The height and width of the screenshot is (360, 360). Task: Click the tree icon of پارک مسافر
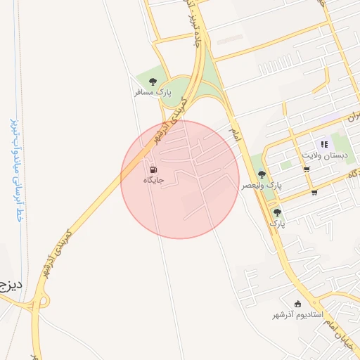coord(153,81)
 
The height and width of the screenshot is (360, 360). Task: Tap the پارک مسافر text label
coord(153,92)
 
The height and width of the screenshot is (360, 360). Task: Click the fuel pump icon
coord(153,169)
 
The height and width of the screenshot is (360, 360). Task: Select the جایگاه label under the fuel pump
coord(153,181)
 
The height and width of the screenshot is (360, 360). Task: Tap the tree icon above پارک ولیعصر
coord(262,174)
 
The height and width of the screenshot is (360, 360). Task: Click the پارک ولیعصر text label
coord(262,185)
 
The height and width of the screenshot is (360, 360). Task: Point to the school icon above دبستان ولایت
coord(324,143)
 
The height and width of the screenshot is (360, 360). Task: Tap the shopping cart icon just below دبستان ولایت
coord(307,169)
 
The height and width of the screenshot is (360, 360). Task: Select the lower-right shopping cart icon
coord(314,192)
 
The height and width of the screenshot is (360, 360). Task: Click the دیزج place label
coord(11,285)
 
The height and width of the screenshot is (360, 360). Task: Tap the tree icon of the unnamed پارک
coord(278,212)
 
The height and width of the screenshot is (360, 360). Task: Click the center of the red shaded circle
coord(181,179)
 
